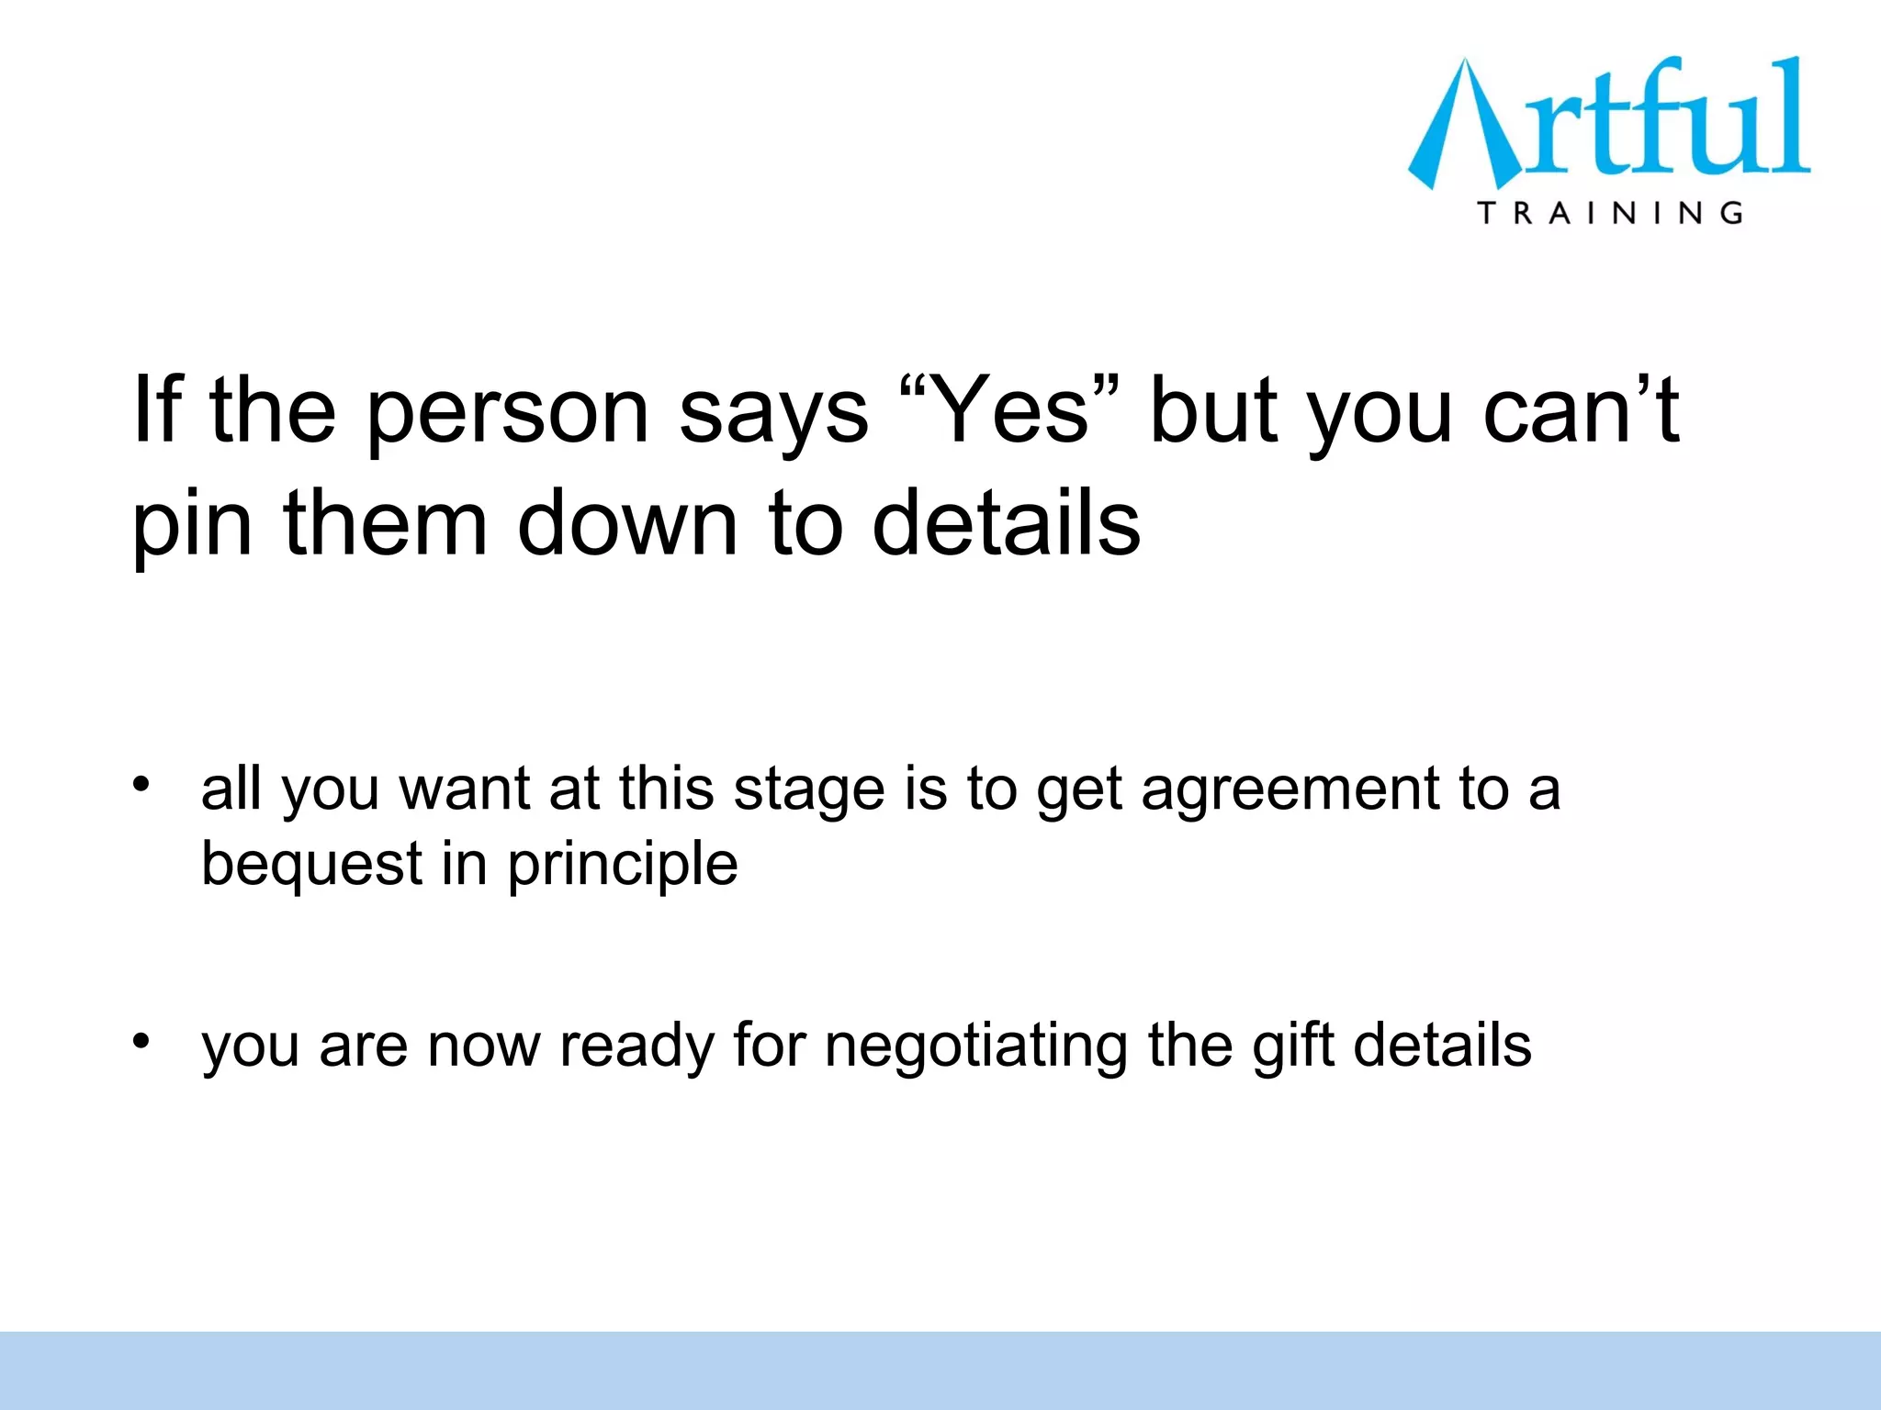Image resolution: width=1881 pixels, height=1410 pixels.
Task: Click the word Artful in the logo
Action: click(1609, 122)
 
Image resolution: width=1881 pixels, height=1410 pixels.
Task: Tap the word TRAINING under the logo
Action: click(1609, 214)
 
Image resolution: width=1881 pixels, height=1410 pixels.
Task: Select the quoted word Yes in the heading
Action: click(1009, 410)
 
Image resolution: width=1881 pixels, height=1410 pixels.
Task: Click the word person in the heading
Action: click(508, 413)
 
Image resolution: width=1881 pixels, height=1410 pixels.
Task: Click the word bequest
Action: click(313, 866)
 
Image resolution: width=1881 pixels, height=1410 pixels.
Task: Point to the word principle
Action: click(623, 866)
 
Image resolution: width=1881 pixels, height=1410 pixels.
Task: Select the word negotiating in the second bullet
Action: click(976, 1047)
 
